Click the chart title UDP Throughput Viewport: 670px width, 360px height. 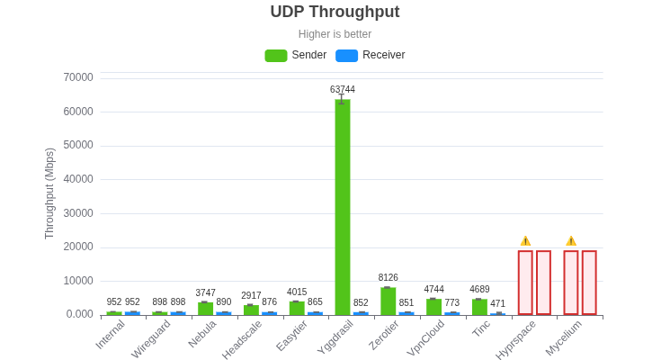(335, 13)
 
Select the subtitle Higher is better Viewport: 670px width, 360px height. (335, 34)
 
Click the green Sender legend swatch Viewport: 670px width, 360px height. (275, 56)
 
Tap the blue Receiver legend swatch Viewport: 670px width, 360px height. (346, 56)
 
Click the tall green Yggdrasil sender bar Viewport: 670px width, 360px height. (343, 207)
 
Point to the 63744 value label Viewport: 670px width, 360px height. (343, 90)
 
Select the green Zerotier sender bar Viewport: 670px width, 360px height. (388, 301)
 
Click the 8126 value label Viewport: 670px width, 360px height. (388, 278)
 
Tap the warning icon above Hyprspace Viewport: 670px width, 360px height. (525, 241)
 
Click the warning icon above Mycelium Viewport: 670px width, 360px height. (571, 241)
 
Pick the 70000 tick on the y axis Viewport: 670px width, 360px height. (78, 77)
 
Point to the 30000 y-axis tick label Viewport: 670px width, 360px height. (78, 213)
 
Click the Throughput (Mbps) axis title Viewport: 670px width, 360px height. (50, 193)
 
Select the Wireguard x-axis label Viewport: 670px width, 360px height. (151, 338)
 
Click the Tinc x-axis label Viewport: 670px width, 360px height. (481, 328)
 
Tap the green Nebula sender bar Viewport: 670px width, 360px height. (205, 309)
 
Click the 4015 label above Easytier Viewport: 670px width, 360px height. (297, 292)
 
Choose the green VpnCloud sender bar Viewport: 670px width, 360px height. (433, 307)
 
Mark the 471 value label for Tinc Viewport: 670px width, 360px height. (497, 304)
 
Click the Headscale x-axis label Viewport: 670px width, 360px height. (242, 339)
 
